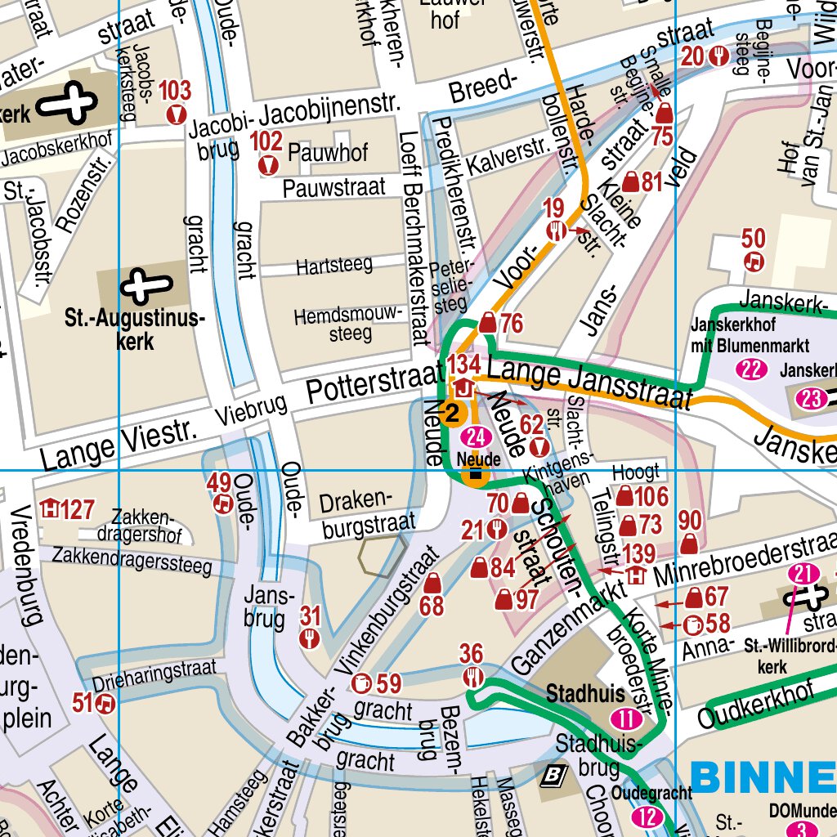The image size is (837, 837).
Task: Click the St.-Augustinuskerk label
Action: click(134, 330)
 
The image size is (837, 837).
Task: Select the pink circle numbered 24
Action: click(477, 437)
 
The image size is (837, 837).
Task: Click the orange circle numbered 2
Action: click(452, 413)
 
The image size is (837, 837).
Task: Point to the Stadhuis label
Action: click(585, 694)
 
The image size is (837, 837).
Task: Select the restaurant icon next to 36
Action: click(473, 677)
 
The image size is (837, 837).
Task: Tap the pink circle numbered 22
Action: click(752, 369)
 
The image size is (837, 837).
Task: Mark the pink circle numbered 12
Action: click(647, 817)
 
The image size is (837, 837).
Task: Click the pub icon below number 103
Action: click(174, 114)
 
